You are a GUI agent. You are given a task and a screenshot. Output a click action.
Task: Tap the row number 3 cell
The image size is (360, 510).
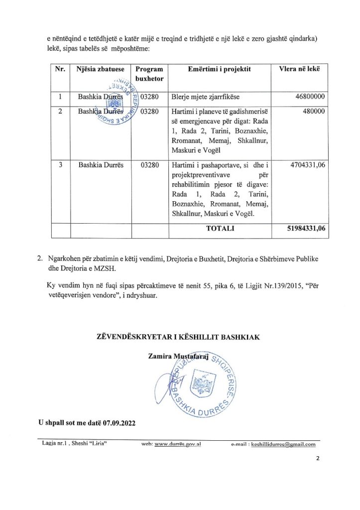click(x=60, y=165)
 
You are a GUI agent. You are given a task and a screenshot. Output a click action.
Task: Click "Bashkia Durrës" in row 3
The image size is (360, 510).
click(x=99, y=165)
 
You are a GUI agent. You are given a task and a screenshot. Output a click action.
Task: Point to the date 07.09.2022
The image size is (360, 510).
click(x=119, y=422)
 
